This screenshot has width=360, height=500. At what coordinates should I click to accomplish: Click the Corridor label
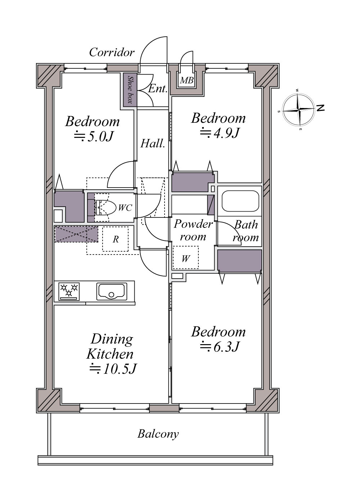[x=112, y=53]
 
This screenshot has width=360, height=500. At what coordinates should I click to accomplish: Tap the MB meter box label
[x=186, y=80]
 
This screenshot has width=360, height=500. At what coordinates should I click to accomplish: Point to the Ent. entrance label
[x=158, y=89]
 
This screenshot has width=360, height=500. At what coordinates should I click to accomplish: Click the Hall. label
[x=153, y=144]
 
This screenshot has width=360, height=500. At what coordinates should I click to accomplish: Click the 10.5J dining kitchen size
[x=113, y=369]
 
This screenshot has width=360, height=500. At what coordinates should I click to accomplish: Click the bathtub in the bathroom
[x=240, y=201]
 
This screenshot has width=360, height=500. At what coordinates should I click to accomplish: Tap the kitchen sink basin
[x=112, y=292]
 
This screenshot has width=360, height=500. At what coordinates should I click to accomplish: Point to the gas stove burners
[x=69, y=292]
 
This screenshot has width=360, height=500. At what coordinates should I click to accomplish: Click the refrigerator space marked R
[x=116, y=239]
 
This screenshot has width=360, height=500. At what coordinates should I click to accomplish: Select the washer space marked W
[x=186, y=258]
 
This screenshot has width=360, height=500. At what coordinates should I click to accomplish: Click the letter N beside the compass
[x=320, y=108]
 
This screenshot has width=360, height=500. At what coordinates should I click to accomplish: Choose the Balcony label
[x=158, y=434]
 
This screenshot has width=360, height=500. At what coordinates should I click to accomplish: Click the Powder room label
[x=193, y=230]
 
